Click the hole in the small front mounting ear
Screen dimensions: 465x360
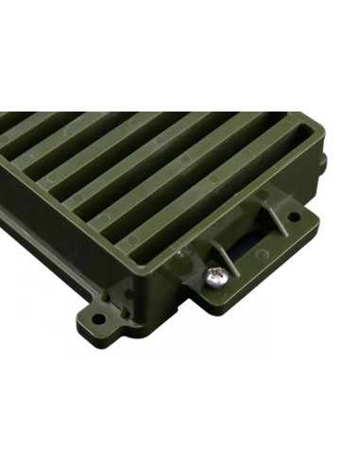pos(97,319)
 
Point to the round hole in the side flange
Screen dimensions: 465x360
pos(294,216)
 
